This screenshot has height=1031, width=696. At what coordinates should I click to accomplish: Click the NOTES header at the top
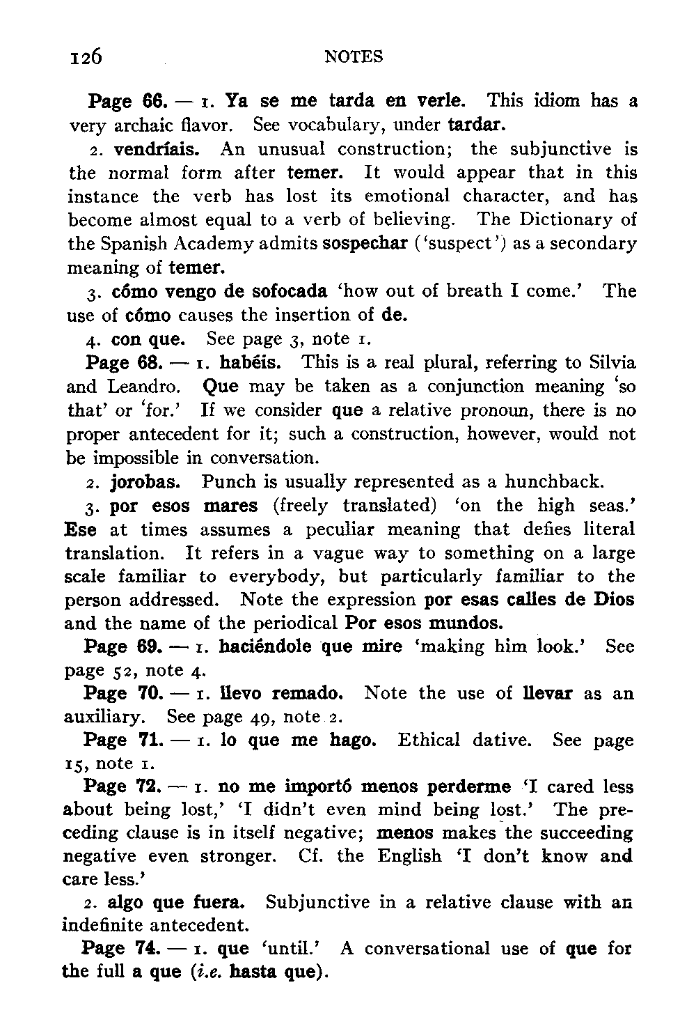click(x=354, y=56)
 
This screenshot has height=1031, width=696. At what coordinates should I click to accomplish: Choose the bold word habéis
click(x=260, y=363)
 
